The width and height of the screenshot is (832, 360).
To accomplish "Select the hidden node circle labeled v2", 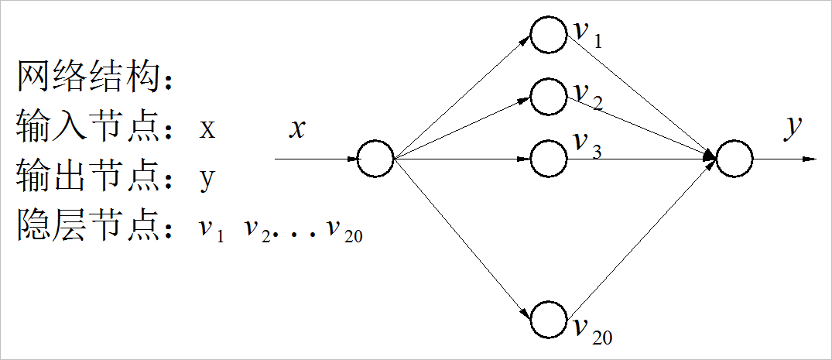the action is [x=549, y=95].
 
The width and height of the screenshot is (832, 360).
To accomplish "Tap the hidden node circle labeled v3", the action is [x=549, y=159].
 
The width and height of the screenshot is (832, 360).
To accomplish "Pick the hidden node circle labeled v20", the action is [x=549, y=320].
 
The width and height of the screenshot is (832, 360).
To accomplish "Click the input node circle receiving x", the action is [x=377, y=159].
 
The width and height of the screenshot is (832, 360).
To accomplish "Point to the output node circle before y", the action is [x=734, y=159].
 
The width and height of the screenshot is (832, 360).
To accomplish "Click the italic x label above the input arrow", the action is [x=297, y=129].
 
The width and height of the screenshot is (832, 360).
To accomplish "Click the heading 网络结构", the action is [x=91, y=77].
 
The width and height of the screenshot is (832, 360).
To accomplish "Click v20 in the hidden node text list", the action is [x=344, y=231].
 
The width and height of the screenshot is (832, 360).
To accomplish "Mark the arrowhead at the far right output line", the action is [x=810, y=159].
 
